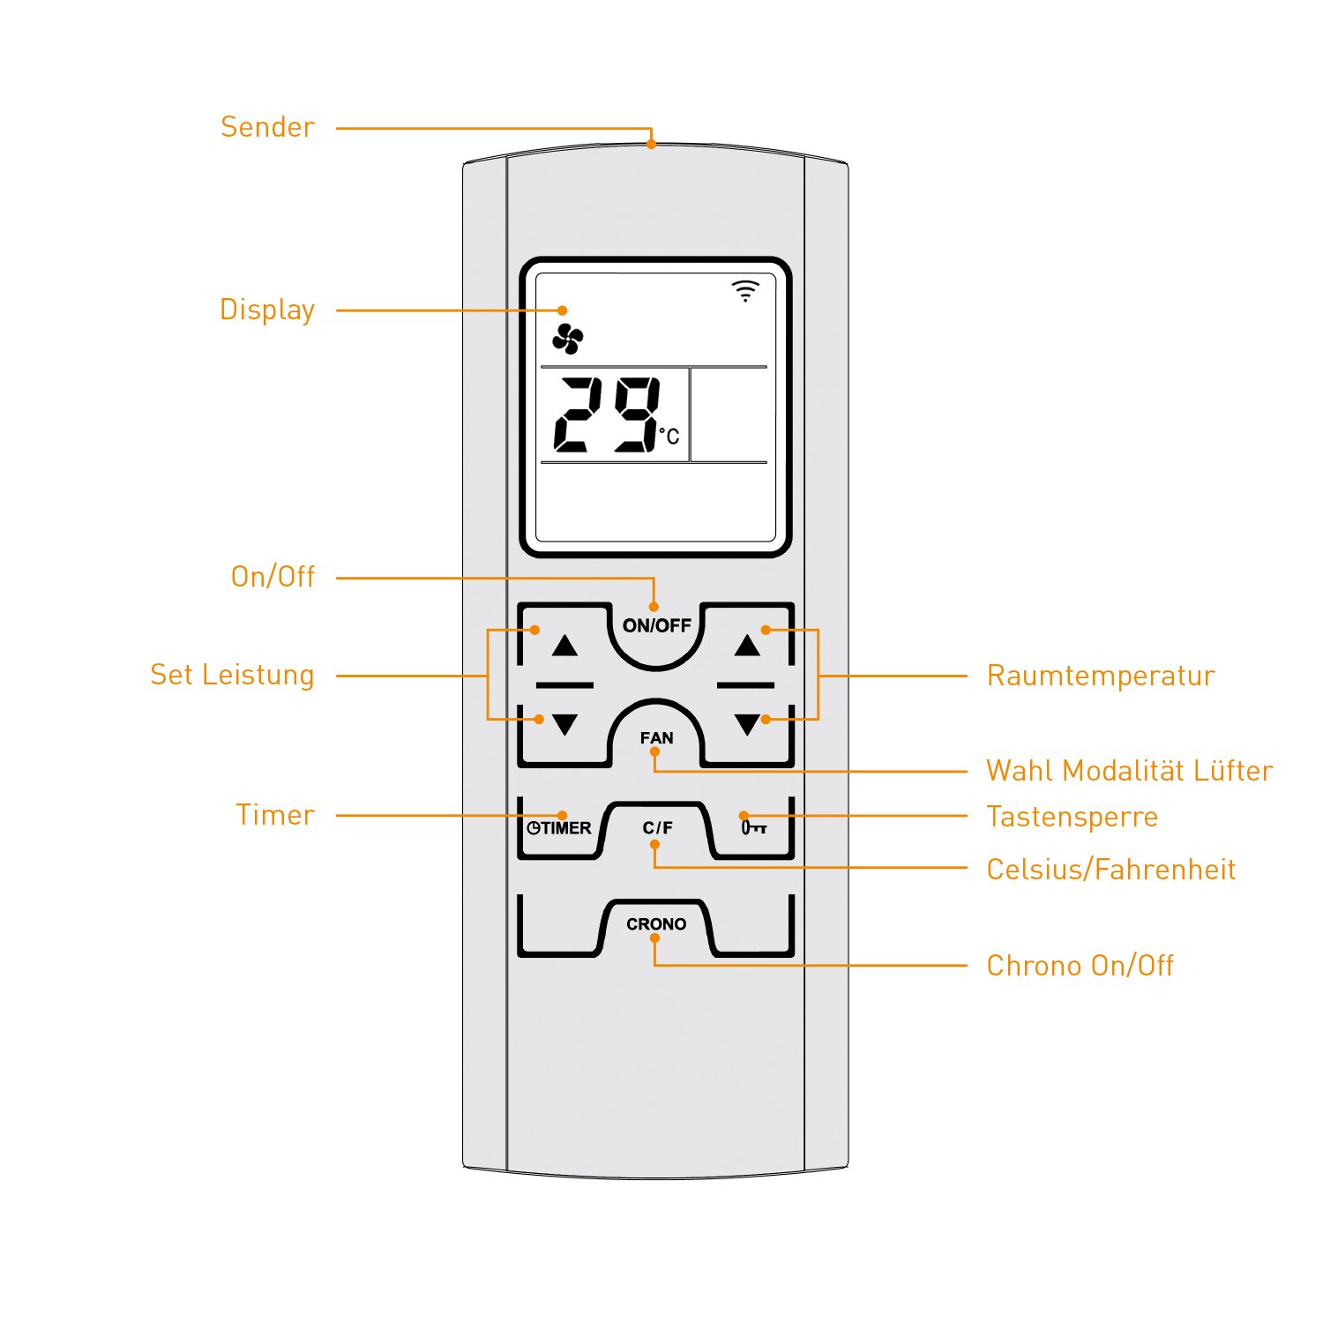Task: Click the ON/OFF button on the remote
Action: pyautogui.click(x=656, y=626)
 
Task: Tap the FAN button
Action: pyautogui.click(x=656, y=737)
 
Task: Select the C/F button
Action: pyautogui.click(x=657, y=828)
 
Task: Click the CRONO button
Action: pyautogui.click(x=656, y=924)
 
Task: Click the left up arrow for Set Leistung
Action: pyautogui.click(x=564, y=647)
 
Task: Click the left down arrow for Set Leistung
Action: pyautogui.click(x=564, y=725)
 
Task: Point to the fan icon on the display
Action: pyautogui.click(x=568, y=339)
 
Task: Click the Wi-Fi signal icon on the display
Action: pyautogui.click(x=745, y=291)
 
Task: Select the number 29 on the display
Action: pyautogui.click(x=607, y=415)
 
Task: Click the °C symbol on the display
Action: pyautogui.click(x=669, y=436)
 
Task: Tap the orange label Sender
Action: pyautogui.click(x=267, y=128)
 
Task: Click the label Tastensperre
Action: pyautogui.click(x=1072, y=818)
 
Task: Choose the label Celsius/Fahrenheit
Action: pyautogui.click(x=1111, y=871)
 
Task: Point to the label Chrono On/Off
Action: pyautogui.click(x=1080, y=966)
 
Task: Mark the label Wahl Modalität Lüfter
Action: pyautogui.click(x=1129, y=772)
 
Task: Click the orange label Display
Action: pyautogui.click(x=267, y=310)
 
